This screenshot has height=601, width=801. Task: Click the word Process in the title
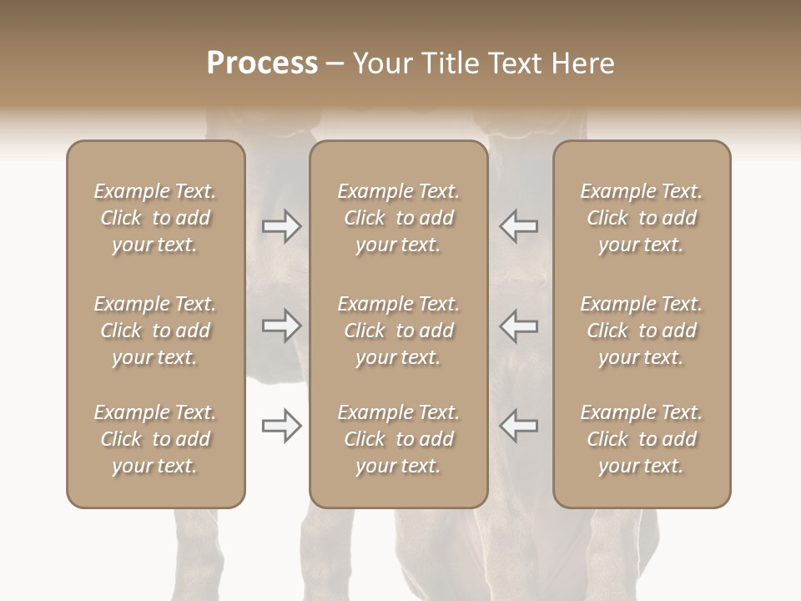pos(262,63)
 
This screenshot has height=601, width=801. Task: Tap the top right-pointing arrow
pos(282,226)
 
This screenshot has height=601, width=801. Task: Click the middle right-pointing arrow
pos(282,326)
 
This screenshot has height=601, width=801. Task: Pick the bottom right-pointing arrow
pos(282,426)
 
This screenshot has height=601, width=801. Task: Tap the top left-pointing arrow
pos(518,226)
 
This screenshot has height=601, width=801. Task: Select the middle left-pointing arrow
pos(518,326)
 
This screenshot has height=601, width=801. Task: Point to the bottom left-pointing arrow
pos(518,426)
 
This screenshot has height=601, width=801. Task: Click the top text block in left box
pos(155,218)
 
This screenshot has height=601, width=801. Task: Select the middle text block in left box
pos(155,331)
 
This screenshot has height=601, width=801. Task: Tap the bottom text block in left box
pos(155,439)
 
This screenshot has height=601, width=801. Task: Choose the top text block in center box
pos(398,218)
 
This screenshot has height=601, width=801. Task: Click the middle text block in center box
pos(398,331)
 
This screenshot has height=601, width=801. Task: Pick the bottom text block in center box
pos(398,439)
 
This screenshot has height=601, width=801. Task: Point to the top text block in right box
pos(641,218)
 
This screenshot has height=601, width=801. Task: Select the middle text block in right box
pos(641,331)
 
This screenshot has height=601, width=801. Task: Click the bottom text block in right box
pos(641,439)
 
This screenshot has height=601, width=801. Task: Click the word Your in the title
pos(382,63)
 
